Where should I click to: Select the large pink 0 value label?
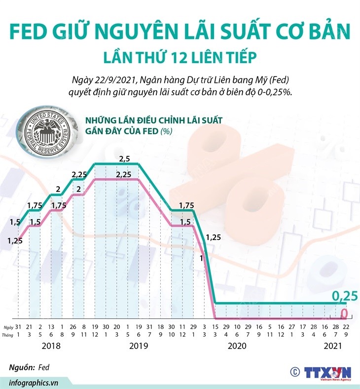[x=345, y=313]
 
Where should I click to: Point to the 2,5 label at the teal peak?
[x=125, y=159]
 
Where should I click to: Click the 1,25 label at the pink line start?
[x=16, y=241]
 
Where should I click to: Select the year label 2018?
[x=51, y=346]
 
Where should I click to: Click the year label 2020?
[x=237, y=346]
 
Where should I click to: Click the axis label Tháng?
[x=7, y=334]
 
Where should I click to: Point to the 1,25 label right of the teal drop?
[x=214, y=237]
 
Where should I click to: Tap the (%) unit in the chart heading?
[x=166, y=131]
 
